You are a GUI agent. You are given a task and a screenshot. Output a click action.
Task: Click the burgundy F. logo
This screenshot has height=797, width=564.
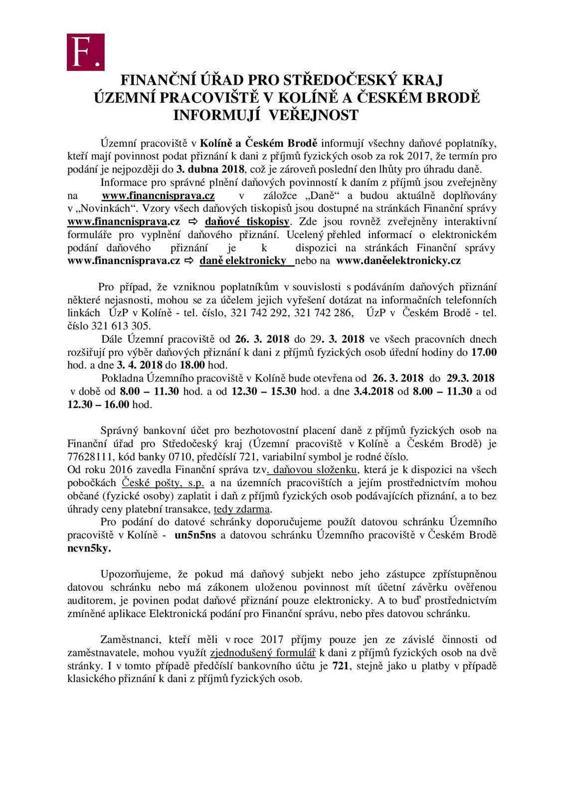[86, 52]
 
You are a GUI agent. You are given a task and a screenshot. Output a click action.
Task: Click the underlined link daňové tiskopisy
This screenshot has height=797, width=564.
[247, 222]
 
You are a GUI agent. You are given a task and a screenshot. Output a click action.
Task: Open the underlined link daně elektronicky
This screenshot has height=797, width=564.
[243, 261]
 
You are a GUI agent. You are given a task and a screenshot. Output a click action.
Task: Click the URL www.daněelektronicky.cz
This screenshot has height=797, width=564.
[398, 261]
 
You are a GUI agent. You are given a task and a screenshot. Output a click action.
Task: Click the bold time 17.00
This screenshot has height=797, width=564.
[484, 352]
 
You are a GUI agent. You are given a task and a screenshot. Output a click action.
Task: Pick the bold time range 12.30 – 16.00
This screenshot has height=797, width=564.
[99, 404]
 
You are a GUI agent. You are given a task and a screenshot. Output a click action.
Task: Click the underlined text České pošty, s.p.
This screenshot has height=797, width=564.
[163, 483]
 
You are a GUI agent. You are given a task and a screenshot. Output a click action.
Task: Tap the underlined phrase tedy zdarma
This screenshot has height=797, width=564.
[242, 509]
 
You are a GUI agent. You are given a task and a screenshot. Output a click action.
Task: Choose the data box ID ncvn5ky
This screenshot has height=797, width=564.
[89, 548]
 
